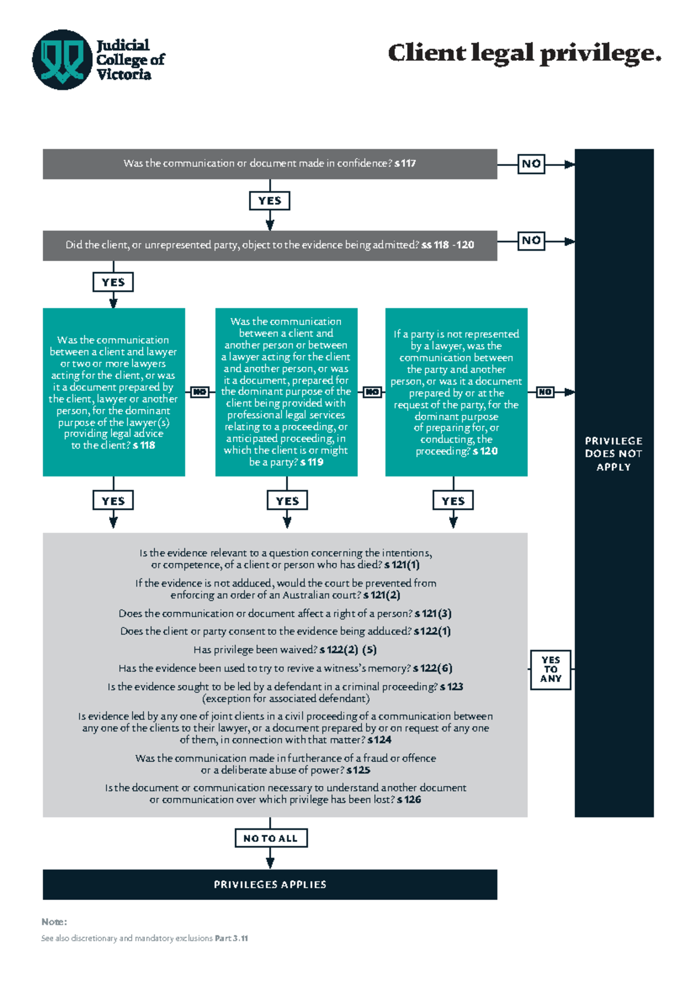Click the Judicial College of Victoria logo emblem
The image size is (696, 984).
(62, 60)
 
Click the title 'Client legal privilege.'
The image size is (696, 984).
(524, 53)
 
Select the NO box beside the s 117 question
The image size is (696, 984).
(531, 164)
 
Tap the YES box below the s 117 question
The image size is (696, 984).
(270, 201)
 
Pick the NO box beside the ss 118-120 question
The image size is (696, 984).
(531, 241)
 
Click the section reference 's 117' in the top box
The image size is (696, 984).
(405, 164)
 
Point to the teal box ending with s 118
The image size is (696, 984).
(114, 392)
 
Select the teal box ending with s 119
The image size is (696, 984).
(286, 392)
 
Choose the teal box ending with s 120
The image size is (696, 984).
(456, 392)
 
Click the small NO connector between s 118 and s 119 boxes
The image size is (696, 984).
(200, 392)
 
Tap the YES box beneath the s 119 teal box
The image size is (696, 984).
(287, 501)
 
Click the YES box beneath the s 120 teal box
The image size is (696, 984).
(453, 501)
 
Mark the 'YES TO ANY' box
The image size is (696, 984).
(550, 670)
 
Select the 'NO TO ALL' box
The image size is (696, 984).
(270, 838)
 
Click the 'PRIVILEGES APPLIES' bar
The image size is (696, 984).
(270, 885)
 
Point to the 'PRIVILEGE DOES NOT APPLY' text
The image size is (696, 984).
(613, 454)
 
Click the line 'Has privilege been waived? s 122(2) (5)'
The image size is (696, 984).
(285, 650)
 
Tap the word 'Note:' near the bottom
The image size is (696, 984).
(54, 922)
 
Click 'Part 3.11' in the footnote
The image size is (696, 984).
(231, 938)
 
